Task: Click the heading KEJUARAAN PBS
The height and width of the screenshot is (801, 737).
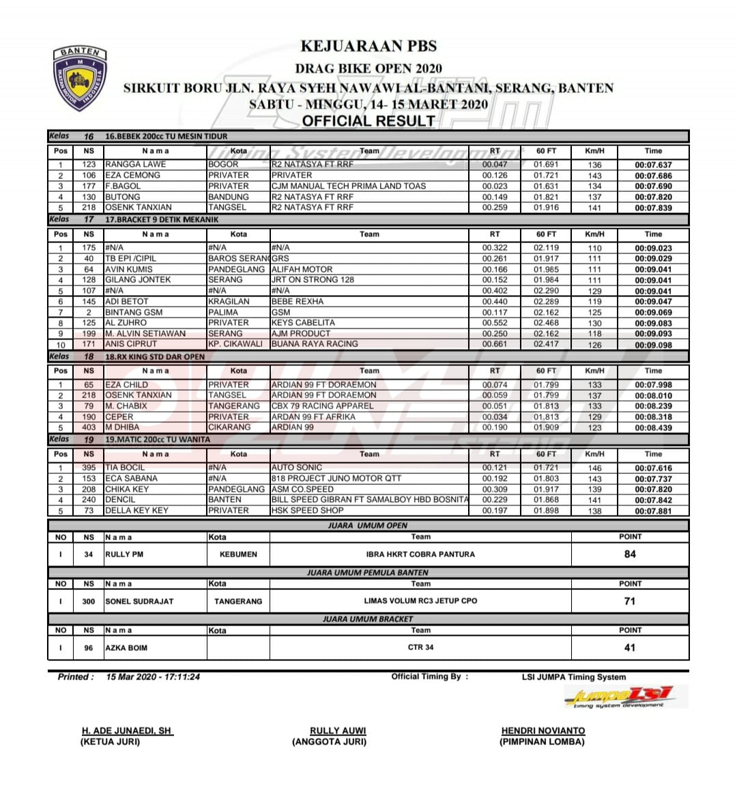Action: tap(369, 46)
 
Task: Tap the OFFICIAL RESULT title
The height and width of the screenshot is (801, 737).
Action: tap(369, 122)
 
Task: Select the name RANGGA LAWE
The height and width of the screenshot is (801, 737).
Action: tap(135, 165)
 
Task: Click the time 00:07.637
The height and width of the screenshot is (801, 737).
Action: tap(653, 165)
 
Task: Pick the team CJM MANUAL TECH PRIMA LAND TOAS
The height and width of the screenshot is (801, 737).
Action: tap(348, 186)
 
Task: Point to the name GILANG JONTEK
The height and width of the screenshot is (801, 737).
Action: tap(138, 280)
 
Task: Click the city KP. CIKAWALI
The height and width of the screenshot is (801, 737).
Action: tap(235, 344)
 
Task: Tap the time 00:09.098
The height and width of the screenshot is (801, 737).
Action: tap(653, 345)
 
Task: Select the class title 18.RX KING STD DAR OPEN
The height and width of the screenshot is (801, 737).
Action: tap(155, 356)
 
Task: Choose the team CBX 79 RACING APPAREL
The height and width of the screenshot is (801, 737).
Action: tap(322, 406)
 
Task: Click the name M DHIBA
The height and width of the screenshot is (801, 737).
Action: tap(122, 427)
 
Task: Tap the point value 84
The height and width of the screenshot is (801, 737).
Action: tap(630, 554)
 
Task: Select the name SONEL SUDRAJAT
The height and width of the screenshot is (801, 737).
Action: tap(139, 602)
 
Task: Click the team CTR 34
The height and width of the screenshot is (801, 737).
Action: tap(420, 647)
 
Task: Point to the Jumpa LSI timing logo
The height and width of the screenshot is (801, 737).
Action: tap(620, 697)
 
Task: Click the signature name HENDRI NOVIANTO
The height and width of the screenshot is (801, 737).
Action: tap(543, 731)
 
